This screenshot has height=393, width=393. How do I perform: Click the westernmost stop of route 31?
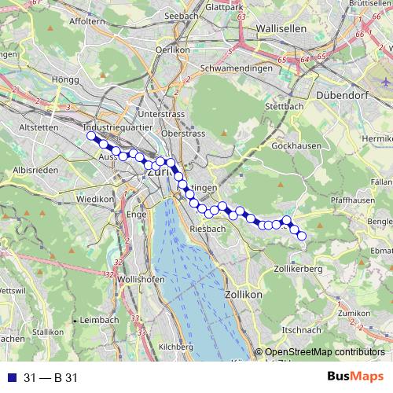(x=90, y=136)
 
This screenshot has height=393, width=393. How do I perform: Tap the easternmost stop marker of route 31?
(x=301, y=235)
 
